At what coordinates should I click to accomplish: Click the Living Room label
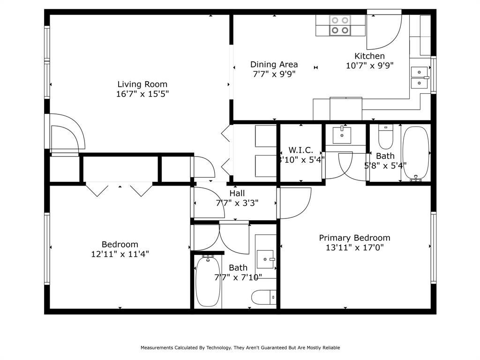coord(142,84)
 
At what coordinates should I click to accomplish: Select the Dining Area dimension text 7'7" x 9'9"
coord(274,74)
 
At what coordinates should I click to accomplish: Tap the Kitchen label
coord(369,56)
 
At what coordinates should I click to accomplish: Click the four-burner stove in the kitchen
coord(340,25)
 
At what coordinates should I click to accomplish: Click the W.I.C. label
coord(300,150)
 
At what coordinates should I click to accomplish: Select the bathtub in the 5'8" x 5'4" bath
coord(415,152)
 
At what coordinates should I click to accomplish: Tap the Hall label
coord(237,193)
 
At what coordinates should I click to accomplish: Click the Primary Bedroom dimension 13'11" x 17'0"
coord(354,247)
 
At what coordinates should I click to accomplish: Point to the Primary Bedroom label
coord(354,238)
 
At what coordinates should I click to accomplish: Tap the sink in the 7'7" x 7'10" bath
coord(266,258)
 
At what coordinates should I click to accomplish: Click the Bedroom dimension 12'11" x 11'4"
coord(120,254)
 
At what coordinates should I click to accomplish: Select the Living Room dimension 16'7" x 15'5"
coord(142,94)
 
